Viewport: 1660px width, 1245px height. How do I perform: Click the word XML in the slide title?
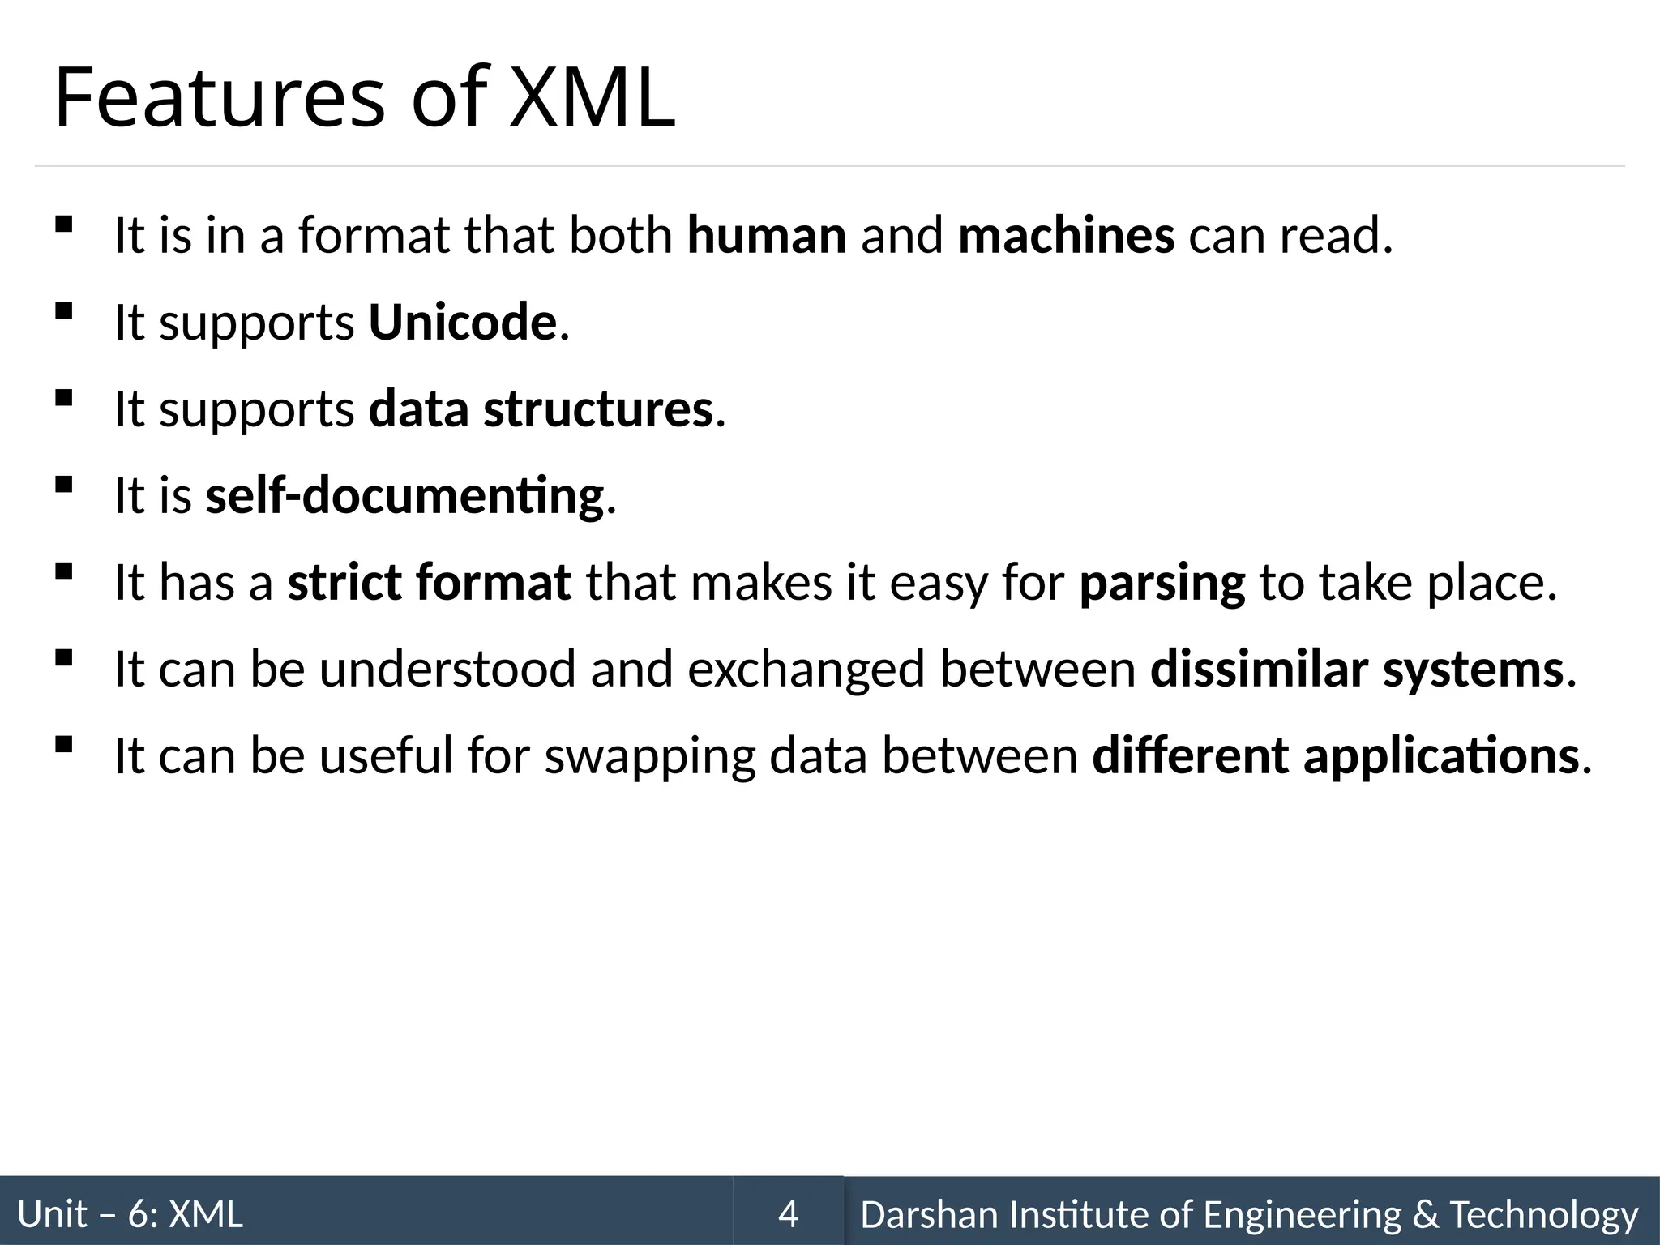tap(592, 99)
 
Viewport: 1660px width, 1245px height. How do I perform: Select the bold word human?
tap(767, 236)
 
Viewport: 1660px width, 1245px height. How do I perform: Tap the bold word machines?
tap(1066, 236)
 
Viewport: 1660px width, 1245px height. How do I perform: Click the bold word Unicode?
tap(463, 323)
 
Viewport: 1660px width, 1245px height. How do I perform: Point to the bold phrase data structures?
tap(541, 409)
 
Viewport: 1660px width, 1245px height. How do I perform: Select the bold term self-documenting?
tap(404, 496)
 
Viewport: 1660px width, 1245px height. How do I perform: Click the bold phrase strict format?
tap(430, 583)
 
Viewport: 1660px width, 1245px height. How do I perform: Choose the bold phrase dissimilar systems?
tap(1357, 670)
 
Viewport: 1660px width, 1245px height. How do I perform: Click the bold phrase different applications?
tap(1336, 756)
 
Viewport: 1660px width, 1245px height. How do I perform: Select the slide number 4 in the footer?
tap(788, 1214)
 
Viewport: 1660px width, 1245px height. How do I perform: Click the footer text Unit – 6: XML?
tap(130, 1214)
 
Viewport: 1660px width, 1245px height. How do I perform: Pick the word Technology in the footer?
tap(1544, 1214)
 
